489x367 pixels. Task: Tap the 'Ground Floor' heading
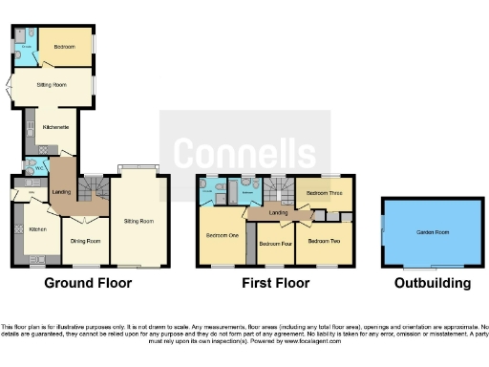click(88, 283)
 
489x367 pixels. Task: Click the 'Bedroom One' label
click(221, 234)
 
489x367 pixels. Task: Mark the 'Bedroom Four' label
click(274, 244)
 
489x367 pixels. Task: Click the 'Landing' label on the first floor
click(278, 212)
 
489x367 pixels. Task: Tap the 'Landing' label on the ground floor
click(61, 193)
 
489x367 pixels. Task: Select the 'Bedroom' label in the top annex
click(64, 47)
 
